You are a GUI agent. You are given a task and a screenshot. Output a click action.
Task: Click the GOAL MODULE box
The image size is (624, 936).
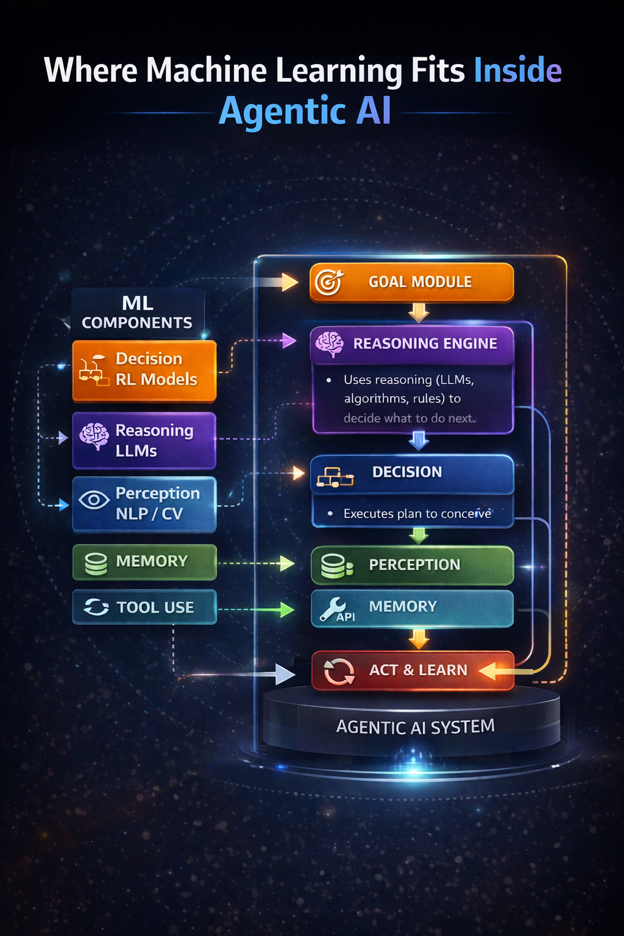(412, 282)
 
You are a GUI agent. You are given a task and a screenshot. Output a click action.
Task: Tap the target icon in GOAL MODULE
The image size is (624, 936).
(329, 282)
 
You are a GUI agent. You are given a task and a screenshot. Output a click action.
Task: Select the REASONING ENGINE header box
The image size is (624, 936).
(412, 344)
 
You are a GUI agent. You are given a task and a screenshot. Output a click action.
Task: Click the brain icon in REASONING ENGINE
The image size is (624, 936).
(330, 344)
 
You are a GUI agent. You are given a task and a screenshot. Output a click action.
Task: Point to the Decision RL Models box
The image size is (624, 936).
(144, 370)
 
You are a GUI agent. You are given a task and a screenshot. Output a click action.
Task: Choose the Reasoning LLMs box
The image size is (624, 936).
(144, 441)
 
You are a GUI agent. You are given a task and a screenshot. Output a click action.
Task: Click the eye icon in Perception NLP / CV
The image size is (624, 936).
(94, 501)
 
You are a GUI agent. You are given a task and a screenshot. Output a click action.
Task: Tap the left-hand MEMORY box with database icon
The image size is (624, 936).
(144, 561)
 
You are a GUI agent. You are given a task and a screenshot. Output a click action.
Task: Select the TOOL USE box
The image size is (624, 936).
(144, 607)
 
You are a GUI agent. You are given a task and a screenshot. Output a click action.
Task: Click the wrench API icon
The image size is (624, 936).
(334, 608)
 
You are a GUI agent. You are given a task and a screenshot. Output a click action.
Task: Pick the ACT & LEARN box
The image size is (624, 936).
(413, 670)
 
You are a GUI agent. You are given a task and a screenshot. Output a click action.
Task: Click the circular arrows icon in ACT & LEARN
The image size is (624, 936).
(339, 672)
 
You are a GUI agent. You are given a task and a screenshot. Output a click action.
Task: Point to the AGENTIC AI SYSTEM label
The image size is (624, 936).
(415, 727)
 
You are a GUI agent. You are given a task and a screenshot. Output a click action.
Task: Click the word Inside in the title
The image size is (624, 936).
(517, 70)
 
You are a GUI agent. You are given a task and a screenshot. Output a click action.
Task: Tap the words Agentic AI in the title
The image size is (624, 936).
(305, 111)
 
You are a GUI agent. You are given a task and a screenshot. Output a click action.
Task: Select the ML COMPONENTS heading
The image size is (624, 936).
(138, 313)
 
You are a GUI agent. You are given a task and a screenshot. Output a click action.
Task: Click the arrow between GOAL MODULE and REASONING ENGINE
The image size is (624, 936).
(419, 313)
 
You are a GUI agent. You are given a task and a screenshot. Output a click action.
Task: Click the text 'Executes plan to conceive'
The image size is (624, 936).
(417, 514)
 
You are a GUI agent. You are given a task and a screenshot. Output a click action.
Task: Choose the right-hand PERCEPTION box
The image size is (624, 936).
(413, 565)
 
